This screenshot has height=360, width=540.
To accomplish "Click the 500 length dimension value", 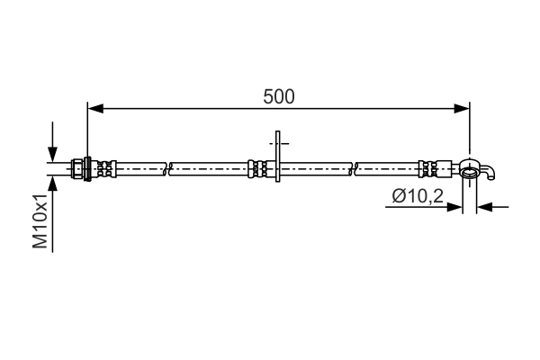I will click(x=279, y=96).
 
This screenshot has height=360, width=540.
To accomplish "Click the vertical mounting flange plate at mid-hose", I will click(x=278, y=163).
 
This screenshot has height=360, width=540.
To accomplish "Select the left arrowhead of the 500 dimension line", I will click(x=94, y=109).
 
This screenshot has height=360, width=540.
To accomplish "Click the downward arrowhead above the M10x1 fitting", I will click(x=53, y=154).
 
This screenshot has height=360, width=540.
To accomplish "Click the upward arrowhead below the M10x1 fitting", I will click(x=53, y=184).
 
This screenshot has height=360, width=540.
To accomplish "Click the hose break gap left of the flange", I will click(x=168, y=168).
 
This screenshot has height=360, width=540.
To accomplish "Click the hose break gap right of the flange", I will click(x=354, y=168).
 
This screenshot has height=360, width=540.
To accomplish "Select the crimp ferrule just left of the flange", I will click(x=257, y=168).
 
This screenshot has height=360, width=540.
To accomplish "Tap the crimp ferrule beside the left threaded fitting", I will click(x=104, y=168).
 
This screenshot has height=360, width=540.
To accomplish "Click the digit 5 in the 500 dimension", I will click(x=268, y=96).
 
